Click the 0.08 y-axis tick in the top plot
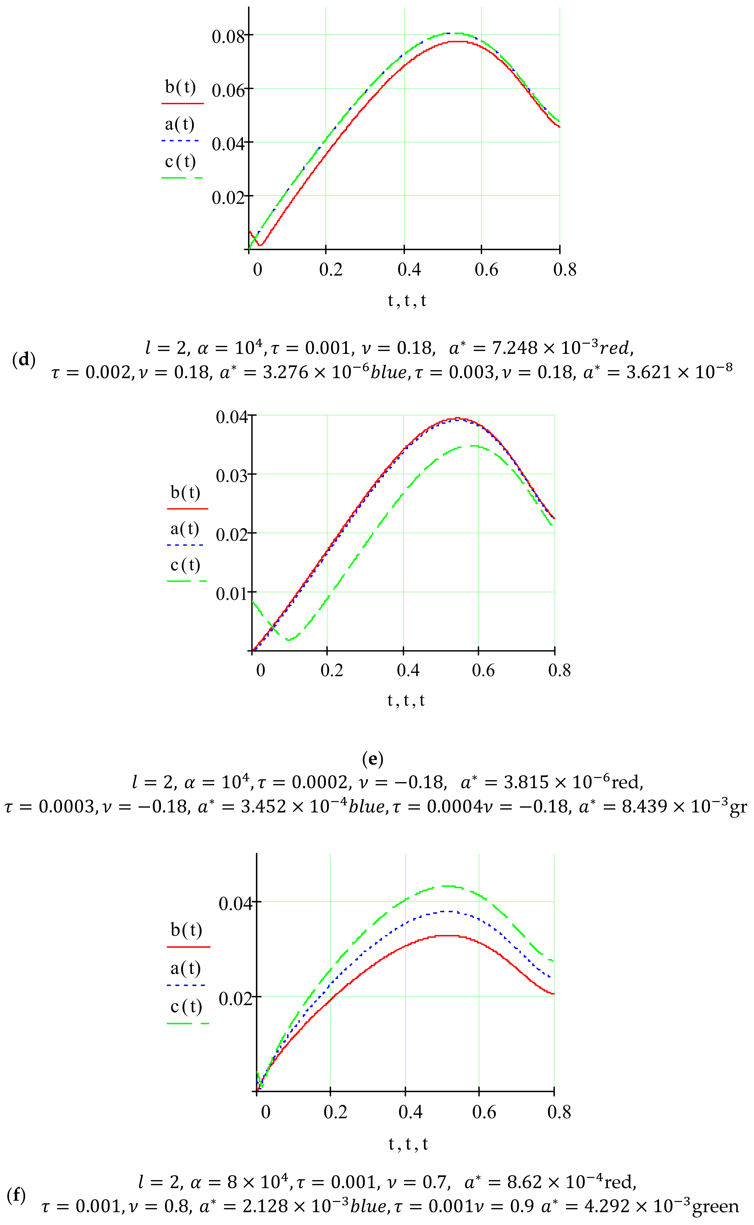[228, 36]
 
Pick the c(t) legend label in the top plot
[180, 161]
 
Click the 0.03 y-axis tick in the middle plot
[232, 476]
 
